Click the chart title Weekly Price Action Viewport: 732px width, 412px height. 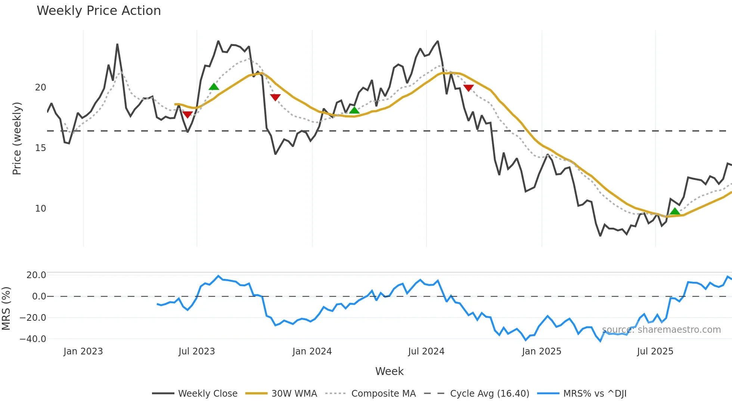[99, 11]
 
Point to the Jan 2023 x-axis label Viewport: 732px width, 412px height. [83, 351]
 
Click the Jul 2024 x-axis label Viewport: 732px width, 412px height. [426, 351]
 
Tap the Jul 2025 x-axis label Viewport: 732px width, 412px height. [655, 351]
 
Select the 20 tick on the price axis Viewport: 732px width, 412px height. [40, 87]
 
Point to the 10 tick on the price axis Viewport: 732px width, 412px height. [40, 209]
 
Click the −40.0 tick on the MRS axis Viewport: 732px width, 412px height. [33, 339]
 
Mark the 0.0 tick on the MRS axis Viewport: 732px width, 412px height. [39, 296]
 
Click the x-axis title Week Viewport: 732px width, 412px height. [389, 371]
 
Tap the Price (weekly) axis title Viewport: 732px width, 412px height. [17, 138]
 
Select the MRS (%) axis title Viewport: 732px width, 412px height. [6, 308]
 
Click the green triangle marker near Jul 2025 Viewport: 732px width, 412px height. [674, 212]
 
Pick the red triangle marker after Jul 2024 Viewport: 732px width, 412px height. [468, 88]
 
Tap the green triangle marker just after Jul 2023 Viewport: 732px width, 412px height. [214, 87]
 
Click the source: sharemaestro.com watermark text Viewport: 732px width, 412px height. [661, 330]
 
